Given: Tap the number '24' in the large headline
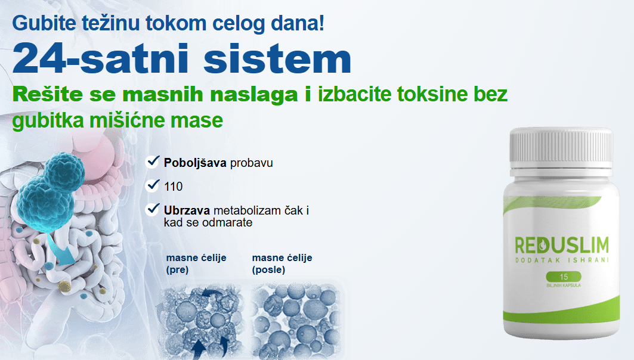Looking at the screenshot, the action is click(x=39, y=59).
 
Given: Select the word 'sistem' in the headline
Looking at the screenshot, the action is click(x=277, y=59).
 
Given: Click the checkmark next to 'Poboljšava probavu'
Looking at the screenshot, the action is click(x=153, y=162).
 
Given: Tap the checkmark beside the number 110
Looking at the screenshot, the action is click(x=153, y=185).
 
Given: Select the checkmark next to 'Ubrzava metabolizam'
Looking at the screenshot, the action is click(x=153, y=209).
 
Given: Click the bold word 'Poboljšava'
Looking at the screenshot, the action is click(x=195, y=163).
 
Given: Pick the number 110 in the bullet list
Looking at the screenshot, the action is click(x=173, y=187).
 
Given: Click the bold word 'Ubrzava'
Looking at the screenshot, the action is click(x=187, y=210).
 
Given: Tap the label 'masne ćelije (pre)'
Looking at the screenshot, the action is click(x=196, y=263).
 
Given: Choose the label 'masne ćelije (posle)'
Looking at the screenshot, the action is click(x=282, y=263).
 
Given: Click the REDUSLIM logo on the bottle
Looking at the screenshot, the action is click(x=562, y=245).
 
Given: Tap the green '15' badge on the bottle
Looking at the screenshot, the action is click(x=564, y=277).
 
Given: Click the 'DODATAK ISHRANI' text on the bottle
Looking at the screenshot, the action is click(x=562, y=260).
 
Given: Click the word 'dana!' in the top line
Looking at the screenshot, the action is click(x=297, y=23).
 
